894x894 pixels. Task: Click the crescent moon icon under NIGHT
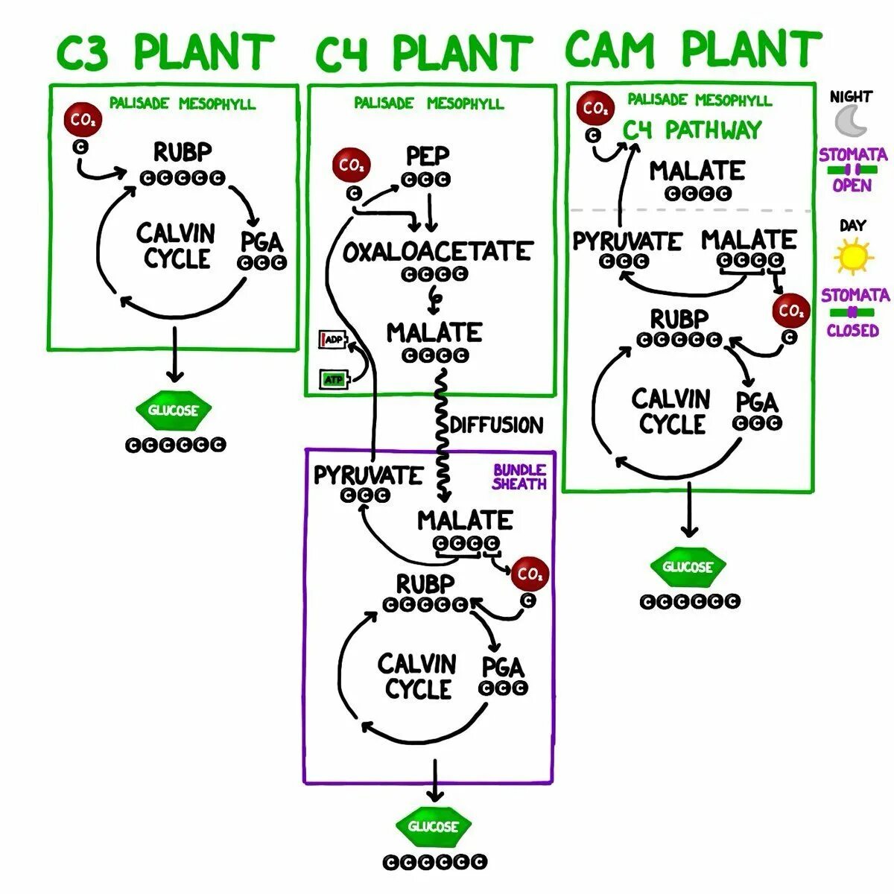[849, 121]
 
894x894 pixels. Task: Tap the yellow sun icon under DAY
[854, 256]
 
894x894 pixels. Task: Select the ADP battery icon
[332, 339]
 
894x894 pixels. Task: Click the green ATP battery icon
[335, 379]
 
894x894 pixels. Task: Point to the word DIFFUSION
[497, 425]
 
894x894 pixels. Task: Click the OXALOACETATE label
[437, 251]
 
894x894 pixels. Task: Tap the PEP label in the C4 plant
[428, 156]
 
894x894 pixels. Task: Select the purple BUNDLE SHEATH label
[519, 477]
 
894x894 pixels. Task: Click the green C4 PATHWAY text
[691, 130]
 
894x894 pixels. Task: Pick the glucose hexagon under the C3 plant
[174, 410]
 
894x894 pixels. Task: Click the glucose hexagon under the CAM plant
[688, 566]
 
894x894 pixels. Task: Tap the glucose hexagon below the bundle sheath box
[434, 825]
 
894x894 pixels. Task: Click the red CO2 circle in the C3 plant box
[83, 120]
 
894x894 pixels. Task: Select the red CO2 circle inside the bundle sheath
[530, 574]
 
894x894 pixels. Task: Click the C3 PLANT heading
[165, 51]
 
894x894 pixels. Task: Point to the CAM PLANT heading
[693, 49]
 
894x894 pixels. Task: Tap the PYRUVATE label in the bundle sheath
[368, 475]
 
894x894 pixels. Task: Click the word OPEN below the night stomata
[852, 185]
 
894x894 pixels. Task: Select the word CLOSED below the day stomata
[853, 330]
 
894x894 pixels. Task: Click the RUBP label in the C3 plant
[183, 152]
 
